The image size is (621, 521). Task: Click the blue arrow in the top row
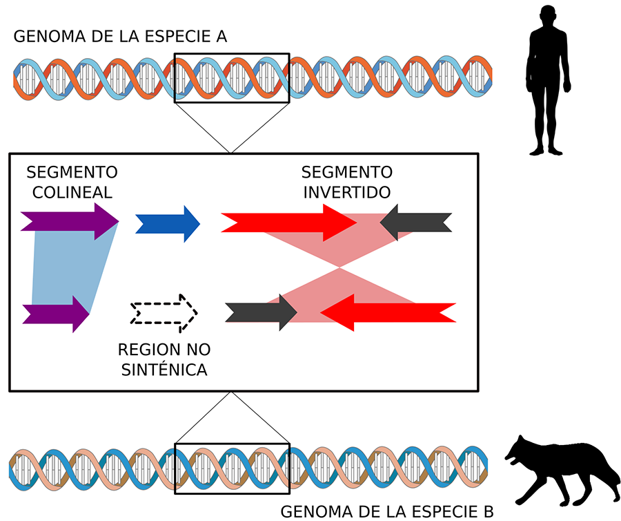click(167, 223)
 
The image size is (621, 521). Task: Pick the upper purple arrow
click(69, 222)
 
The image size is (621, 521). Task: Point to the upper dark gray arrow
click(416, 222)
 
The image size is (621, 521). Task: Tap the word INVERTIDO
click(347, 191)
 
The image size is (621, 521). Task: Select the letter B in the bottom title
click(487, 512)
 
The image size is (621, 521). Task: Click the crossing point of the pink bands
click(338, 268)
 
